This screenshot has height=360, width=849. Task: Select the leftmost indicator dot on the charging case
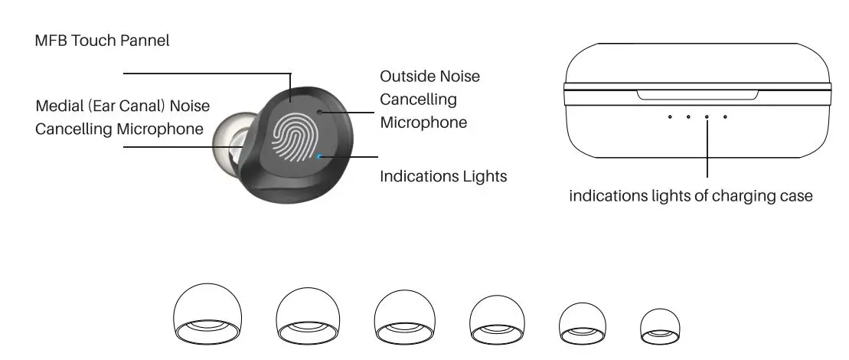tap(670, 117)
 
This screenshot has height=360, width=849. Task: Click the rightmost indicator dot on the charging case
tap(725, 117)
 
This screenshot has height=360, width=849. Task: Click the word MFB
tap(51, 41)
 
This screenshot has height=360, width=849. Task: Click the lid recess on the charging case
tap(697, 95)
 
